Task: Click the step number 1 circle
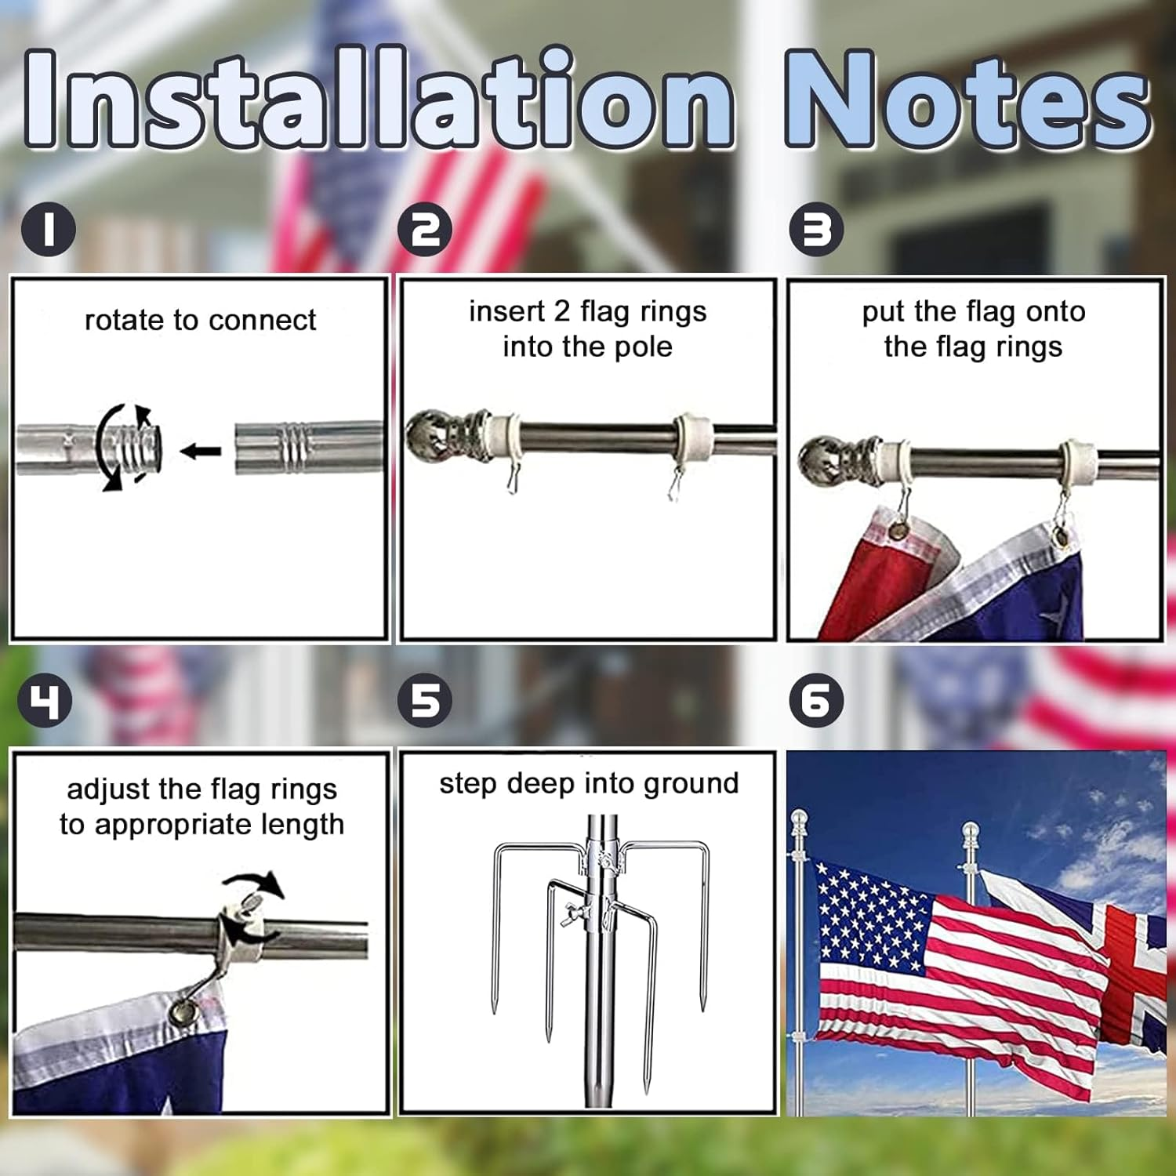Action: click(49, 229)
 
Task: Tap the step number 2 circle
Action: click(425, 229)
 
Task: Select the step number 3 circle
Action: click(816, 229)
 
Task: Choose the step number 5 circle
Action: click(425, 700)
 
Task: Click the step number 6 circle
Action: click(816, 700)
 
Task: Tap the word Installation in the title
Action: click(376, 100)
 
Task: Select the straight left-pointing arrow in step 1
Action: click(201, 451)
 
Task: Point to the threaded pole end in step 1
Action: click(141, 447)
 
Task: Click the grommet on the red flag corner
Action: click(900, 531)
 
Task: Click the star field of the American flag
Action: click(870, 913)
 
